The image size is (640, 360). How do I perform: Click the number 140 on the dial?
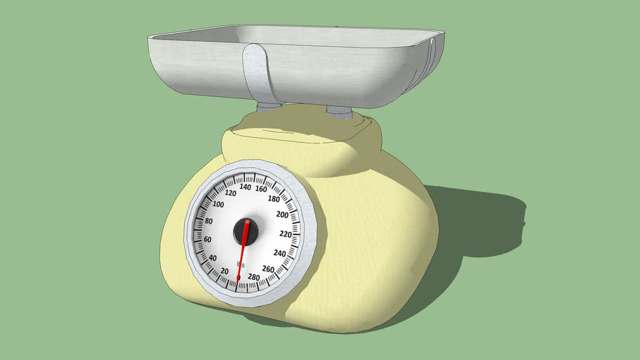(x=245, y=187)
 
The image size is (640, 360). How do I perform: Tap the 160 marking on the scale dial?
(x=261, y=188)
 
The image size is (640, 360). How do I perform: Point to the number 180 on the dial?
(x=275, y=199)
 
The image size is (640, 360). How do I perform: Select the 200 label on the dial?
(x=283, y=214)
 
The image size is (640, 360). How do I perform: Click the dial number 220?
(x=285, y=234)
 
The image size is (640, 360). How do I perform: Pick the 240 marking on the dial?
(x=279, y=253)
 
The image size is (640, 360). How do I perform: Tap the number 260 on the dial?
(x=268, y=269)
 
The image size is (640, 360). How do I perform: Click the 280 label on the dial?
(x=253, y=277)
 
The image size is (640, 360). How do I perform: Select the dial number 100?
(x=218, y=205)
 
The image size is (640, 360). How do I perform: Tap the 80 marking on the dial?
(x=209, y=221)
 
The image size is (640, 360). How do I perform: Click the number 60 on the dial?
(x=207, y=240)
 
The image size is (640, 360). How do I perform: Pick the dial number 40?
(x=212, y=257)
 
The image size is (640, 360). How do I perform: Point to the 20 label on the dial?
(x=224, y=271)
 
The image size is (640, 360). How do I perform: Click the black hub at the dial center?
(x=246, y=230)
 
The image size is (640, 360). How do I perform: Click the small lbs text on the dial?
(x=241, y=264)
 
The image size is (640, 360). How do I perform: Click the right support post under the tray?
(x=340, y=111)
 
